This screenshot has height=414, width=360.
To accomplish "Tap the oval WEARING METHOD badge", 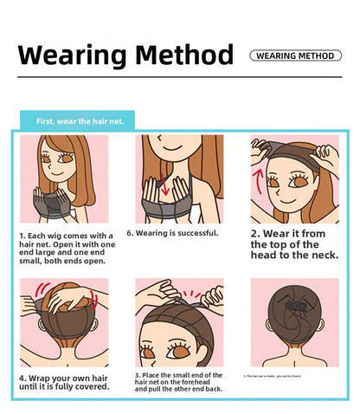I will pyautogui.click(x=294, y=55).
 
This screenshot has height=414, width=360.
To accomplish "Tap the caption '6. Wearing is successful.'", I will pyautogui.click(x=172, y=233).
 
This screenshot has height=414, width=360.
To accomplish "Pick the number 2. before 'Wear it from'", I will pyautogui.click(x=257, y=234).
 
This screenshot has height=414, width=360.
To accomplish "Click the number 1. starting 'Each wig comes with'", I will pyautogui.click(x=23, y=235).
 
